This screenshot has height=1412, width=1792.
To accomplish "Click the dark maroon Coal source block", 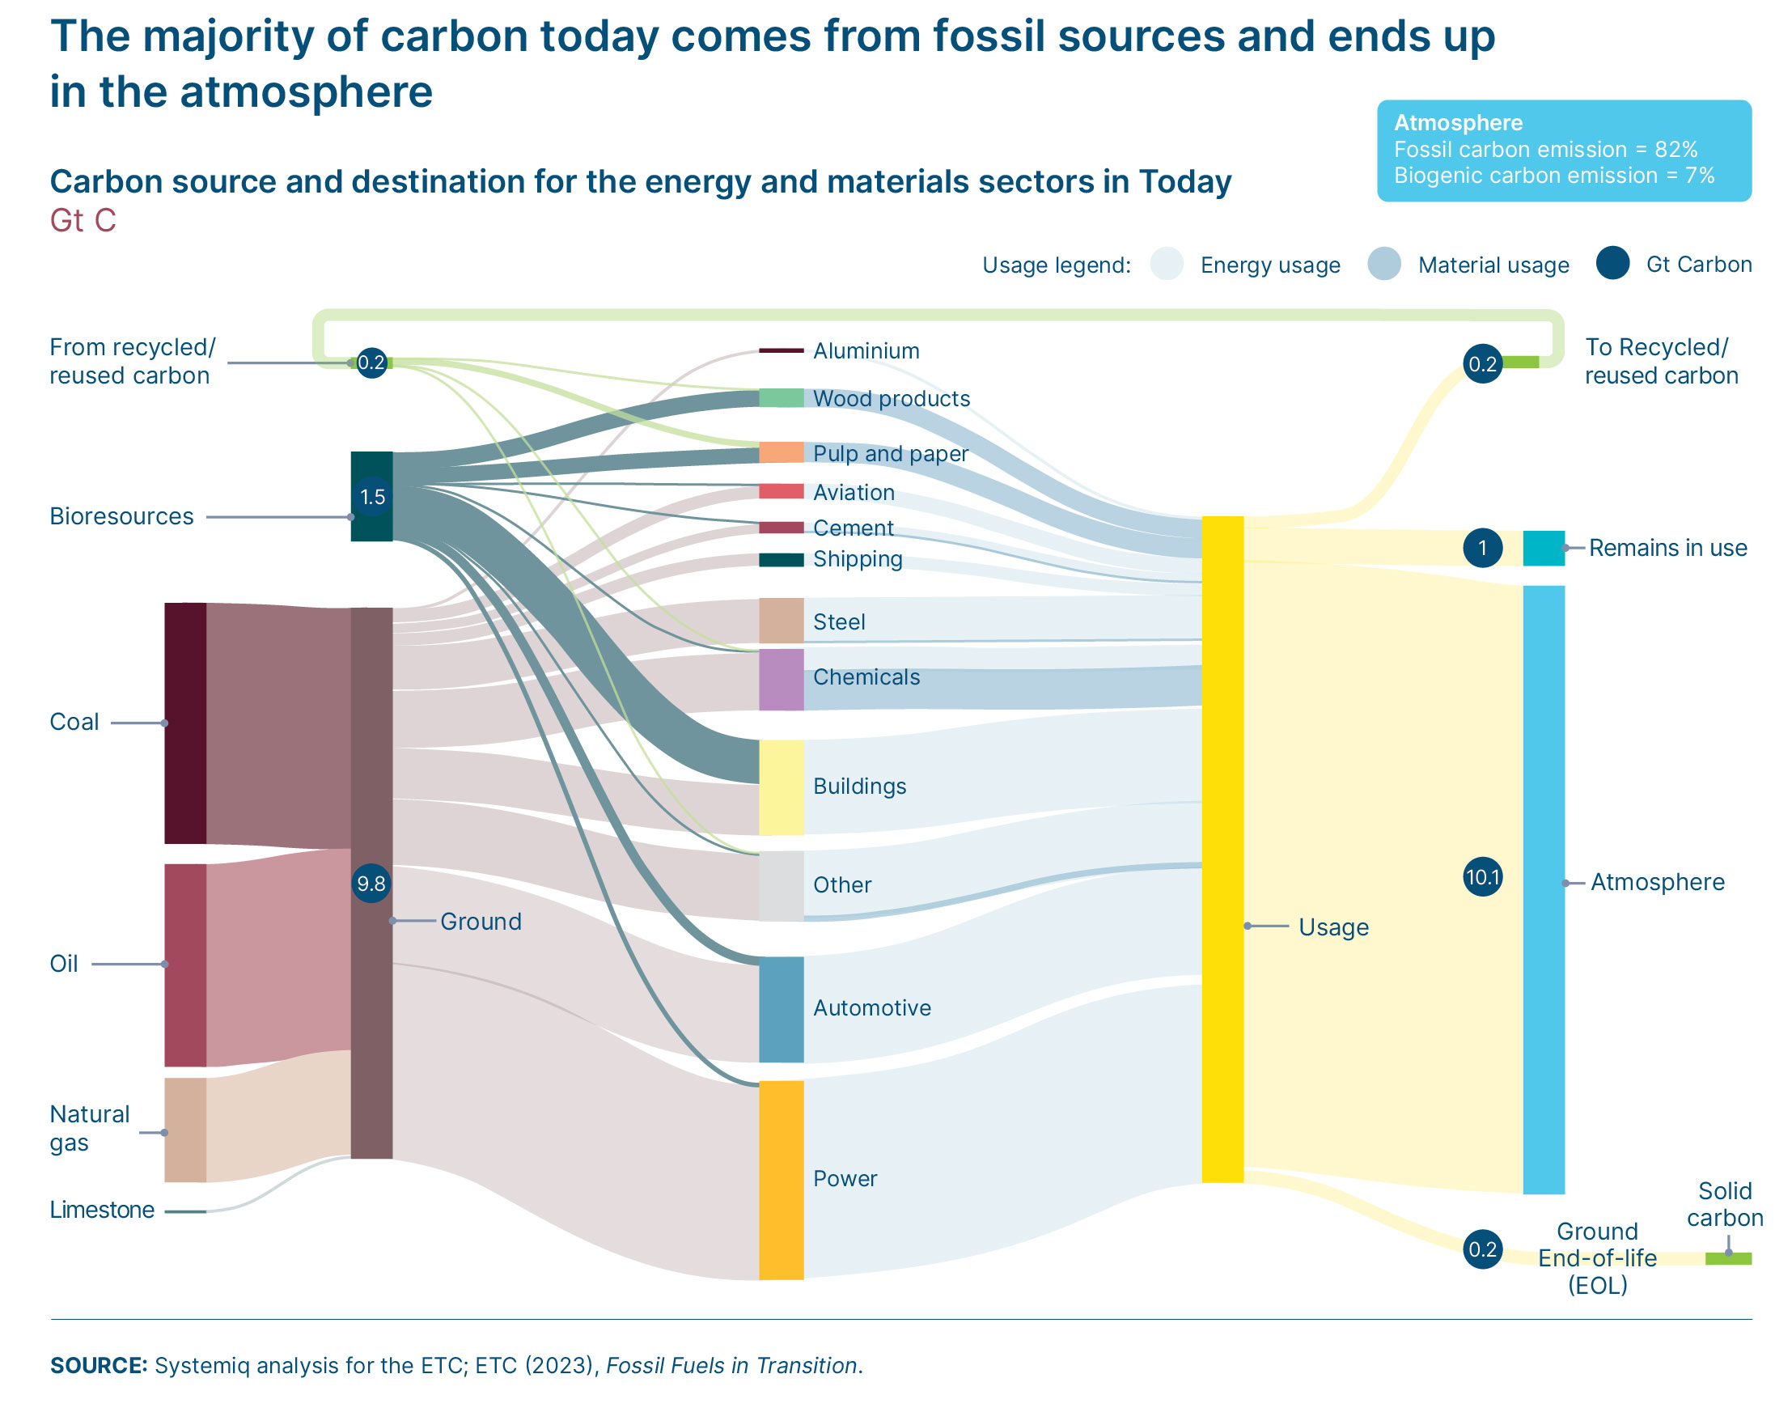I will [185, 723].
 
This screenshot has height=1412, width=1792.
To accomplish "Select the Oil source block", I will [185, 965].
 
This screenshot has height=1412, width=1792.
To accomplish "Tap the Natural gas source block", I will [185, 1130].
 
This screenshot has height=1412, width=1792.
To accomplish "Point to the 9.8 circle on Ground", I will [371, 884].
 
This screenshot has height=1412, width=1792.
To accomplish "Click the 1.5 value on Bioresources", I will [372, 497].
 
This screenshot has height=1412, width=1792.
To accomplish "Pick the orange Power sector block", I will [781, 1180].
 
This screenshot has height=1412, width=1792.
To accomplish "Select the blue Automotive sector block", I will [781, 1009].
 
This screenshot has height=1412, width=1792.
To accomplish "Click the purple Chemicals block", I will [781, 680].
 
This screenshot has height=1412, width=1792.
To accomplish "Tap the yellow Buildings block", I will [781, 787].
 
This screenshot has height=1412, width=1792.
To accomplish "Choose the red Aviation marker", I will [781, 492].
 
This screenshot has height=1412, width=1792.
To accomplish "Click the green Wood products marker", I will [781, 397].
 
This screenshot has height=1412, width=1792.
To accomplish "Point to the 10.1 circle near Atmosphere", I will [1482, 877].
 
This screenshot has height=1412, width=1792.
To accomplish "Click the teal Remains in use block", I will [1543, 548].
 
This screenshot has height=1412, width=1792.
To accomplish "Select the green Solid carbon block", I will [1727, 1258].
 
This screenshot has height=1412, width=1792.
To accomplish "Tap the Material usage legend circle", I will [1383, 265].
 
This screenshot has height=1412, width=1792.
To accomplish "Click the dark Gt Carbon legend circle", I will [1612, 264].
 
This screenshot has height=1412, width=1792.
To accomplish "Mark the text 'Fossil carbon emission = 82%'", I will [1545, 150].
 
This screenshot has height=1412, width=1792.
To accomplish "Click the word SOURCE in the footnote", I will [99, 1366].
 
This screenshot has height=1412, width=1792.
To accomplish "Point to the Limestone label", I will [102, 1211].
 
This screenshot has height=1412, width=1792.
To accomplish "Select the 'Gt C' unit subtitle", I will [83, 221].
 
